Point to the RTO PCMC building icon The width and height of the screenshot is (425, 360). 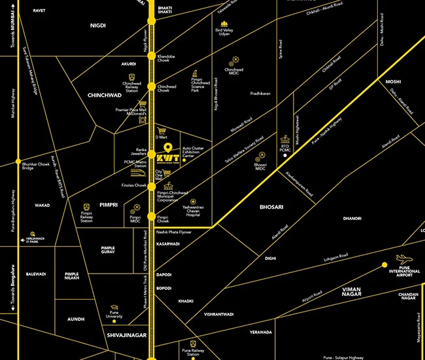pyautogui.click(x=284, y=140)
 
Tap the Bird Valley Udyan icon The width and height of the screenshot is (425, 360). pyautogui.click(x=224, y=24)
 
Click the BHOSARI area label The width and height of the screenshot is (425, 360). pyautogui.click(x=271, y=207)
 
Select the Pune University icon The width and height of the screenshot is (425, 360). pyautogui.click(x=114, y=307)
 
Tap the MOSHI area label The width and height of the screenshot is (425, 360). pyautogui.click(x=393, y=82)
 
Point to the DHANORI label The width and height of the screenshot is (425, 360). pyautogui.click(x=352, y=218)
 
